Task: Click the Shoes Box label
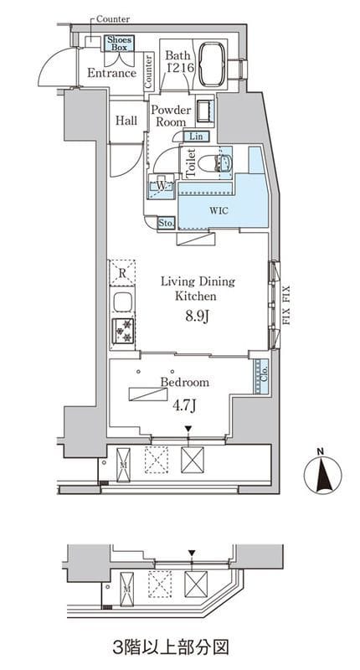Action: pos(120,44)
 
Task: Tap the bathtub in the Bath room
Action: pos(213,64)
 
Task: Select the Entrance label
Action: pos(111,73)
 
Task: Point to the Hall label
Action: pos(126,121)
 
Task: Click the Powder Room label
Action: pos(171,116)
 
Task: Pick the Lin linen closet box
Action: pos(197,137)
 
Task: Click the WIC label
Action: pos(219,211)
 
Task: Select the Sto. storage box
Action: pos(166,223)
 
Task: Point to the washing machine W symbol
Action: pos(161,186)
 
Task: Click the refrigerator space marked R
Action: pos(122,273)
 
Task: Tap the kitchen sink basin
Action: pos(122,301)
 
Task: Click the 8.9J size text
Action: pos(196,318)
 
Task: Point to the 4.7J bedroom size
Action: pos(184,405)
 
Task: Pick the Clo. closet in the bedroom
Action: pos(261,376)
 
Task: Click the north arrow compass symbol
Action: pos(323,473)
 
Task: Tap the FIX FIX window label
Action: pos(285,306)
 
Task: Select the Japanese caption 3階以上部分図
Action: pos(171,647)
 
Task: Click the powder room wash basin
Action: pos(204,111)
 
